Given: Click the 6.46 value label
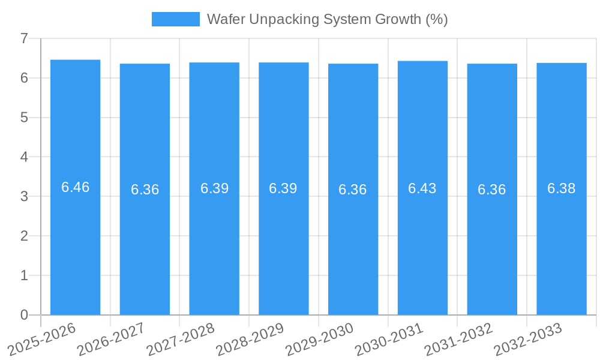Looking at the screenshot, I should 76,187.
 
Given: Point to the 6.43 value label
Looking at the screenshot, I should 422,188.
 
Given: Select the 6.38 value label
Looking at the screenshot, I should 562,188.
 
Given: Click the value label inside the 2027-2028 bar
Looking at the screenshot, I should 215,188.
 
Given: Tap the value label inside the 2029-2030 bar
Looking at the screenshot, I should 353,190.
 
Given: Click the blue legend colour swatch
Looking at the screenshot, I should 175,19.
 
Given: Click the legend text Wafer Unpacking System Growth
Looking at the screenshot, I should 327,19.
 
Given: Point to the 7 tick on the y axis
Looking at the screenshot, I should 24,38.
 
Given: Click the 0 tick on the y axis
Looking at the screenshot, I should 24,315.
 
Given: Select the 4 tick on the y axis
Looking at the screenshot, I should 24,157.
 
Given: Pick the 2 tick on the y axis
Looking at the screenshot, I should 24,236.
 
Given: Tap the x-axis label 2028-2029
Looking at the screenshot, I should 250,338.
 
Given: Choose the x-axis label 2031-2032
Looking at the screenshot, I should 459,338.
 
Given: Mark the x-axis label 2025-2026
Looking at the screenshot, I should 43,338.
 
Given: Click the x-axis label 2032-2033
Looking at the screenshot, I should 529,338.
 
